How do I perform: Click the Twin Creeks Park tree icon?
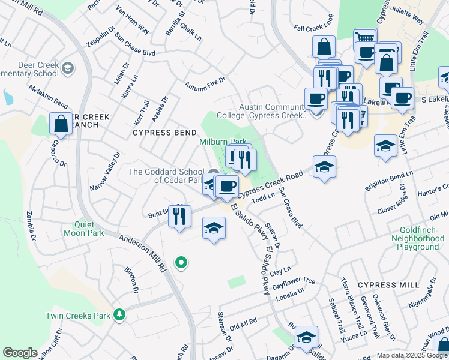pyautogui.click(x=119, y=315)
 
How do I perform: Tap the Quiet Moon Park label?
pyautogui.click(x=85, y=229)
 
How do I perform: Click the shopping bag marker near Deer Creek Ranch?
pyautogui.click(x=61, y=125)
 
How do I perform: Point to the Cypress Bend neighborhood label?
pyautogui.click(x=164, y=132)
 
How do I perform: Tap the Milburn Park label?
pyautogui.click(x=223, y=142)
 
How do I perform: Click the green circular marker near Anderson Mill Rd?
pyautogui.click(x=181, y=262)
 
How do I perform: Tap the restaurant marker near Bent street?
pyautogui.click(x=179, y=217)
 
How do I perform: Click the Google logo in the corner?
pyautogui.click(x=20, y=353)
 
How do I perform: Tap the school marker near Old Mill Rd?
pyautogui.click(x=306, y=338)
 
